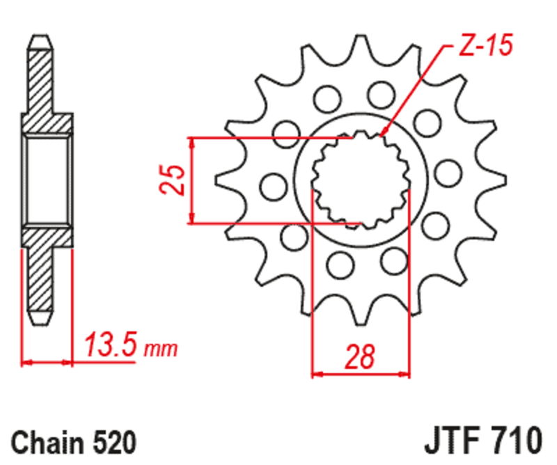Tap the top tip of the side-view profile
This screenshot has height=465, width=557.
click(40, 36)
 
